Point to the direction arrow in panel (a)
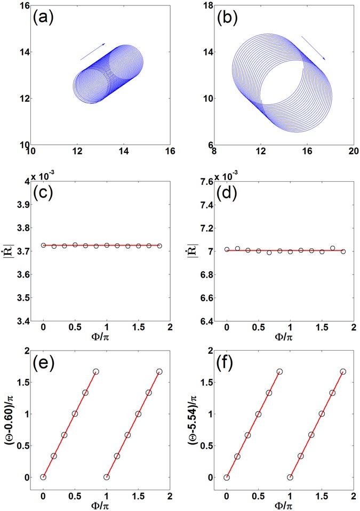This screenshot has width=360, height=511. click(93, 52)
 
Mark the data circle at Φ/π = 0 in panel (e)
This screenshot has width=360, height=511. click(43, 477)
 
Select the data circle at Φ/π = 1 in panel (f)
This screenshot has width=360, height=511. click(290, 477)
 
